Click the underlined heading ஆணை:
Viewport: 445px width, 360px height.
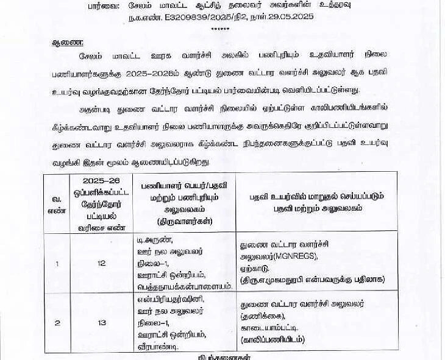click(66, 43)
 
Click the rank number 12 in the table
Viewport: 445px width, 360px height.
click(102, 263)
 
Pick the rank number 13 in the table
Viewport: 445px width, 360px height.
click(102, 323)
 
